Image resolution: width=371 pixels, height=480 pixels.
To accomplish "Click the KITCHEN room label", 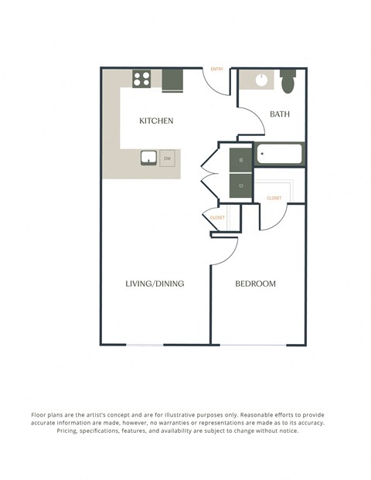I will pos(155,121).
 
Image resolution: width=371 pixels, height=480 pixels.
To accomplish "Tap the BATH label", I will pos(279,114).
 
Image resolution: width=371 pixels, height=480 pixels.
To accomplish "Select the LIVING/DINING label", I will pos(155,284).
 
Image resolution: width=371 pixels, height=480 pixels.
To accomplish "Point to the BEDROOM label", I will pos(255,284).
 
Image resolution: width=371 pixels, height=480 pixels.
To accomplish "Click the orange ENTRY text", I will pos(217,70).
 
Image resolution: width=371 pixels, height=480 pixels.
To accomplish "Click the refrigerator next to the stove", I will pos(172,80).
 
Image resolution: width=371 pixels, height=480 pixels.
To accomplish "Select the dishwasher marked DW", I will pos(167,159).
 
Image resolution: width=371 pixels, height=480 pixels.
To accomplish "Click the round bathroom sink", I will pos(261,80).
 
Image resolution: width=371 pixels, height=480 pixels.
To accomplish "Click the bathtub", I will pos(280,154).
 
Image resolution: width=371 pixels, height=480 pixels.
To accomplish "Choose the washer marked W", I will pos(240,160).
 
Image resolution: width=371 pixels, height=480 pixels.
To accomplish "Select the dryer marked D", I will pos(240,186).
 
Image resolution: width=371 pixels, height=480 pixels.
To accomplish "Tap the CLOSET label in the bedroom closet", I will pos(274,199).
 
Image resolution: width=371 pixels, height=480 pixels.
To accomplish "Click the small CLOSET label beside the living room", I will pos(218,218).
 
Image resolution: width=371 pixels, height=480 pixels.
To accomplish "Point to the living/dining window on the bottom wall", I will pos(145,345).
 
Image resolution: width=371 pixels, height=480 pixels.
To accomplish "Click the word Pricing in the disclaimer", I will pos(72,431).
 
